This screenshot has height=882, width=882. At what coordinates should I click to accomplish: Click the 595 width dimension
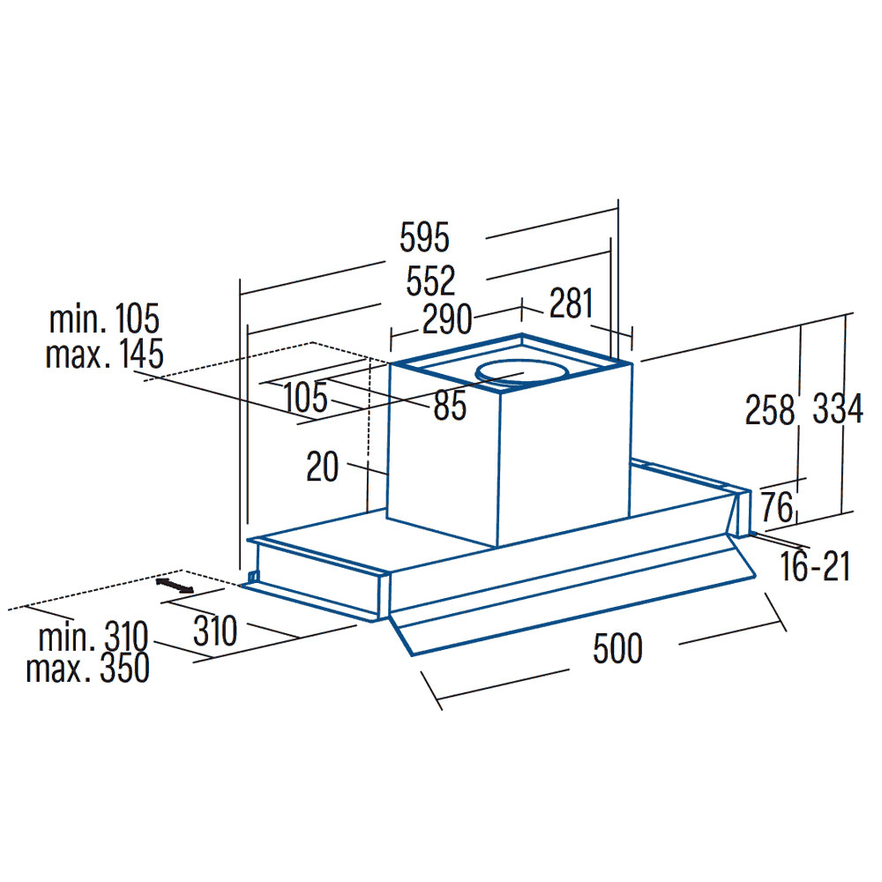[x=425, y=237]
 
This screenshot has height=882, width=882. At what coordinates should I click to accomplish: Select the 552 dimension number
[x=431, y=281]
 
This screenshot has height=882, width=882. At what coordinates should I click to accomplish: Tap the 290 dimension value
[x=447, y=319]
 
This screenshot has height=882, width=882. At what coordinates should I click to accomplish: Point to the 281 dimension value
[x=572, y=303]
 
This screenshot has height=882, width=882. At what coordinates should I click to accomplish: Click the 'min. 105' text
[x=105, y=319]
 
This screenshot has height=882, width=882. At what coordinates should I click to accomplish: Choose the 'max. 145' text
[x=105, y=354]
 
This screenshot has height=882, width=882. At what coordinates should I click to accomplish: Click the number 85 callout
[x=450, y=406]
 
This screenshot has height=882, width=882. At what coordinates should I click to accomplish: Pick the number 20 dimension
[x=322, y=467]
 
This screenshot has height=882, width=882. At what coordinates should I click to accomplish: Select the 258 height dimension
[x=770, y=409]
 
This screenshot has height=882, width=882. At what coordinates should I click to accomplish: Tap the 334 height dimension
[x=838, y=409]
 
